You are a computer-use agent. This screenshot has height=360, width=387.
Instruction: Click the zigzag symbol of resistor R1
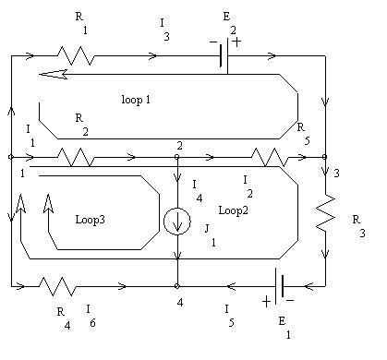click(x=77, y=56)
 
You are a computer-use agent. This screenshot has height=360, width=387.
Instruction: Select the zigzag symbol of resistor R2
click(x=76, y=158)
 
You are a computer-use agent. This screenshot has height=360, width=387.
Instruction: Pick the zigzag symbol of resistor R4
click(x=58, y=286)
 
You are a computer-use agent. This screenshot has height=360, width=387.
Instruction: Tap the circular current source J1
click(x=176, y=222)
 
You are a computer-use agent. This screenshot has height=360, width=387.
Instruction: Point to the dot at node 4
click(x=176, y=286)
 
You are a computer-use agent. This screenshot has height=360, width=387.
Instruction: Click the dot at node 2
click(x=176, y=157)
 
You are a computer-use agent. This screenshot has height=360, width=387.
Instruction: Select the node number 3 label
click(x=337, y=173)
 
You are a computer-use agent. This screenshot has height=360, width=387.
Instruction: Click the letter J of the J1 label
click(x=208, y=226)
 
